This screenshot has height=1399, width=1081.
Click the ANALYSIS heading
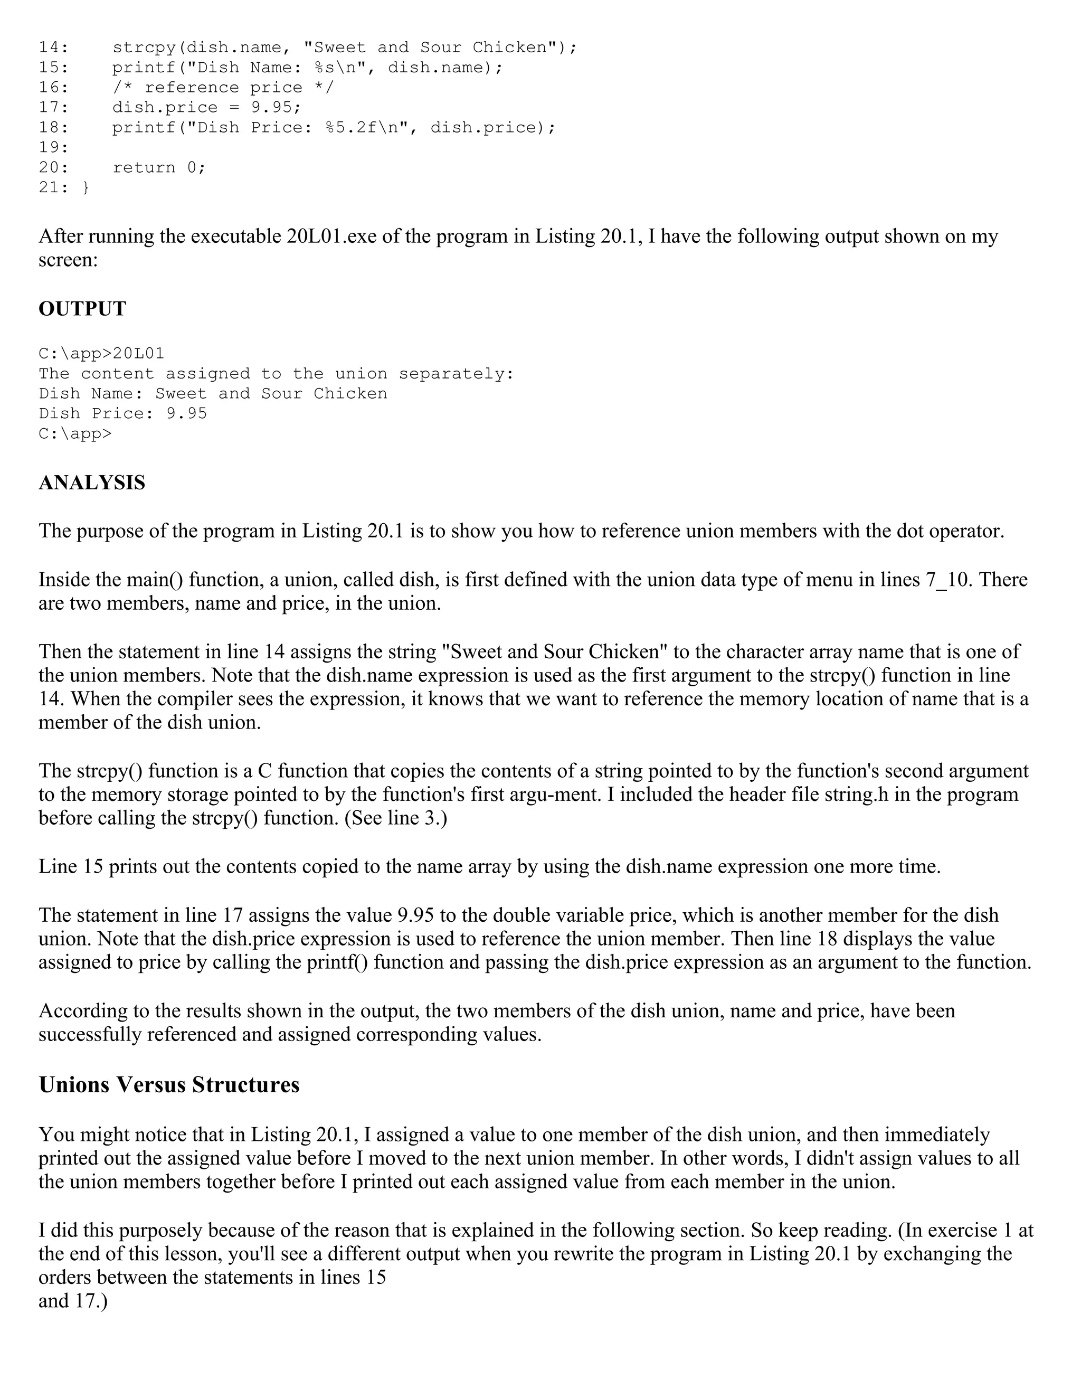(x=91, y=483)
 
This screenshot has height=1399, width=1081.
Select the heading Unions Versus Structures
(x=169, y=1084)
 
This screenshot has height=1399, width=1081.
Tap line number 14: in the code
(x=54, y=48)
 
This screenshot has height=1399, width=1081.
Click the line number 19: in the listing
(x=54, y=147)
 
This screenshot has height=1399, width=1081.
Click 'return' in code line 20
(x=144, y=168)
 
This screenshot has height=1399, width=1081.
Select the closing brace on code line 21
(x=86, y=188)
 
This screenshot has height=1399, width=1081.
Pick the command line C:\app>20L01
(x=101, y=354)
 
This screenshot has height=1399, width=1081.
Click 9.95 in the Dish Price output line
(x=186, y=414)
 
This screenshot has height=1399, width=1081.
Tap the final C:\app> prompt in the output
(x=75, y=433)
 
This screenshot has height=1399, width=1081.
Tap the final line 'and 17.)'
(x=73, y=1301)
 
